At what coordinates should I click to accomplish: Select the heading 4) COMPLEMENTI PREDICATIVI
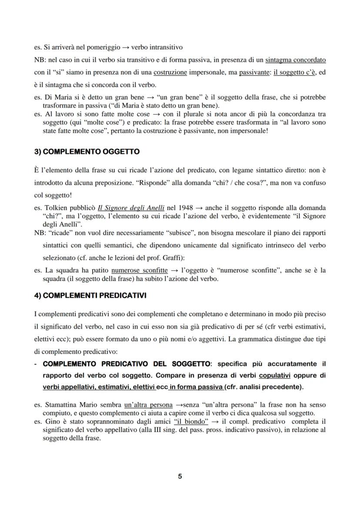click(90, 295)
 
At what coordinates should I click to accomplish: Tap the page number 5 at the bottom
click(180, 476)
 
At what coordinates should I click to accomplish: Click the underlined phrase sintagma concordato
click(296, 59)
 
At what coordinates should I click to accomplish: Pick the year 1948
click(184, 208)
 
